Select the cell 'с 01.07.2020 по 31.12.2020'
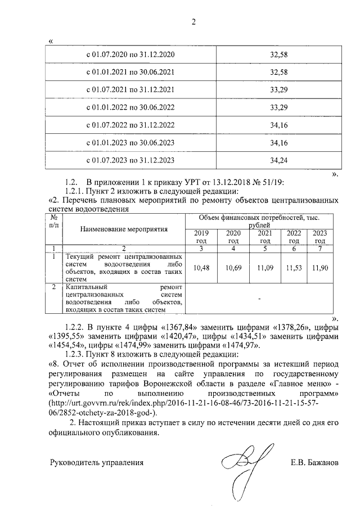(130, 55)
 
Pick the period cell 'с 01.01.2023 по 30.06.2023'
(130, 143)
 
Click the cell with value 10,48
(201, 268)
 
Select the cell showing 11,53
(294, 268)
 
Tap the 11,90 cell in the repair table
(319, 268)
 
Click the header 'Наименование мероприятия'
(116, 229)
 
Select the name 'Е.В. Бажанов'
(314, 463)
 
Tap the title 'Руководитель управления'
(97, 463)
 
